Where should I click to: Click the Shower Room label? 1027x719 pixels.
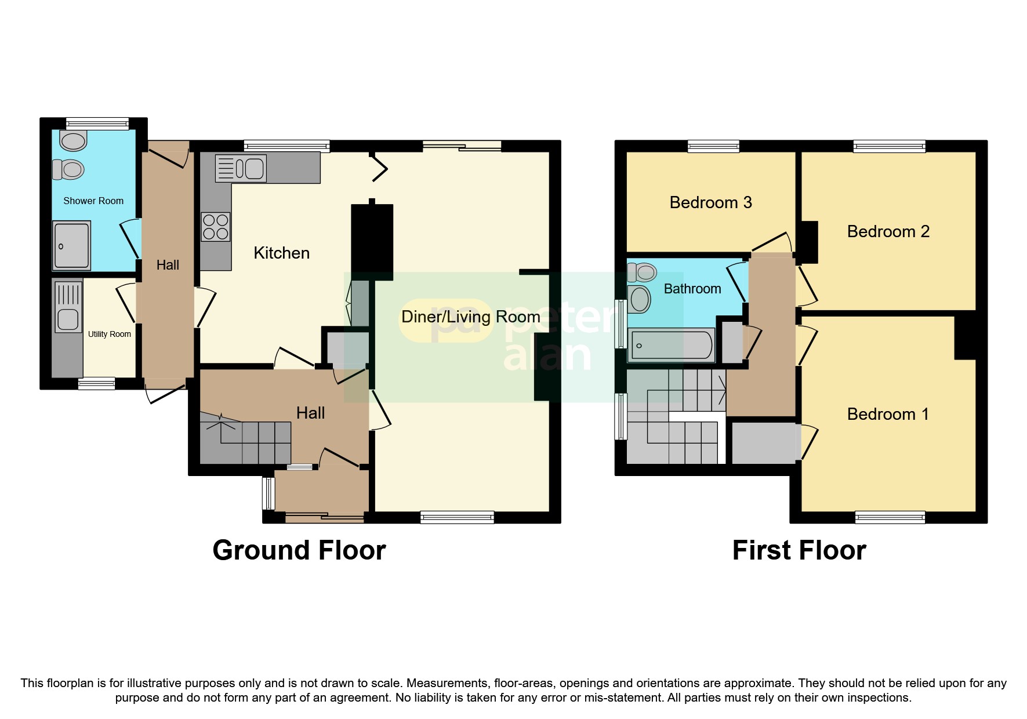(x=93, y=201)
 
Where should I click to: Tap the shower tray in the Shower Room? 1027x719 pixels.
(x=72, y=245)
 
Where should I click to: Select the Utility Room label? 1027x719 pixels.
(x=109, y=334)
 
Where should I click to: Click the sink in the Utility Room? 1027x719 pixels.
(x=68, y=319)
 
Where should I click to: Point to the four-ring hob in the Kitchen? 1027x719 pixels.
(x=215, y=227)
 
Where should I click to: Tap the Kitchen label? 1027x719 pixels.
(x=281, y=253)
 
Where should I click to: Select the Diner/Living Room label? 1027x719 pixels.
(x=470, y=317)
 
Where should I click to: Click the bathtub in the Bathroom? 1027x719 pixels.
(x=671, y=346)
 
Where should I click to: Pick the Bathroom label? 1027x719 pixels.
(x=692, y=289)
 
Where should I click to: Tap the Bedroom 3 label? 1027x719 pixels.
(x=710, y=202)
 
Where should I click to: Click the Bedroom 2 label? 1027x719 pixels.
(x=888, y=231)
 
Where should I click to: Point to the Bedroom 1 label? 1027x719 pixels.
(x=887, y=414)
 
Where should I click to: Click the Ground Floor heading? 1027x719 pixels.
(x=299, y=550)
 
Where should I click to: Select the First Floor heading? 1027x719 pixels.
(x=799, y=550)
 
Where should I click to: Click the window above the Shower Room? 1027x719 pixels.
(x=97, y=123)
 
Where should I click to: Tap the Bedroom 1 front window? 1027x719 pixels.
(x=890, y=517)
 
